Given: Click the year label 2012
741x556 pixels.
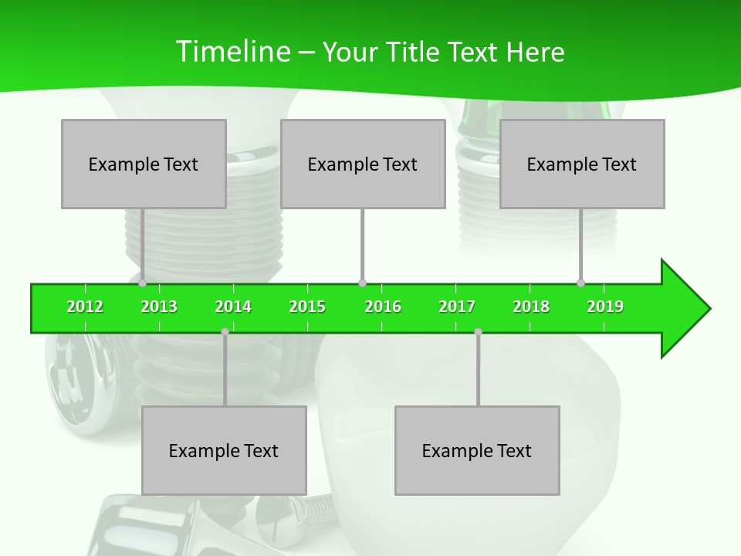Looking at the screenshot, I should point(85,307).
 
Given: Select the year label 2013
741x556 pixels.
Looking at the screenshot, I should point(159,307).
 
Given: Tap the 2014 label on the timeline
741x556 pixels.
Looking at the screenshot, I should point(233,307).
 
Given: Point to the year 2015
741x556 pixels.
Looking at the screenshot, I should point(307,307).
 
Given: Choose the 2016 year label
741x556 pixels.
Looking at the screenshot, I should point(383,307).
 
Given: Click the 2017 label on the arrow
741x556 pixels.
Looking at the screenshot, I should point(457,307).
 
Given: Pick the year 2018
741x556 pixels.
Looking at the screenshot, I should point(531,307).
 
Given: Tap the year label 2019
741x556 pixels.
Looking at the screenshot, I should point(605,307).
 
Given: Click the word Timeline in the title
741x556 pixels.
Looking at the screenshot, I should point(232,52).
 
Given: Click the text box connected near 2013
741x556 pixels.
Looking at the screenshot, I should point(144,164).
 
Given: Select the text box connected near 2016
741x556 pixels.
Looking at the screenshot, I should point(363,164).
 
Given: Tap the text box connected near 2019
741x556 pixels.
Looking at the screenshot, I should point(582,164).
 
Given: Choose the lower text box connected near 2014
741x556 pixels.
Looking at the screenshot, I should point(224,450).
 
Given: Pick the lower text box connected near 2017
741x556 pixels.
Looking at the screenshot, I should point(477,450).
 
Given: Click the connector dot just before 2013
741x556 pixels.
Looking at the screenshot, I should point(143,283).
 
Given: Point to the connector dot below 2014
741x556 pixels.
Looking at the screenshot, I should point(225,331).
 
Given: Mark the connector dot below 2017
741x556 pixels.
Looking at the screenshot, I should point(478,331).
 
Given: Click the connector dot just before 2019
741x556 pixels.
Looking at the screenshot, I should point(580,283).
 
